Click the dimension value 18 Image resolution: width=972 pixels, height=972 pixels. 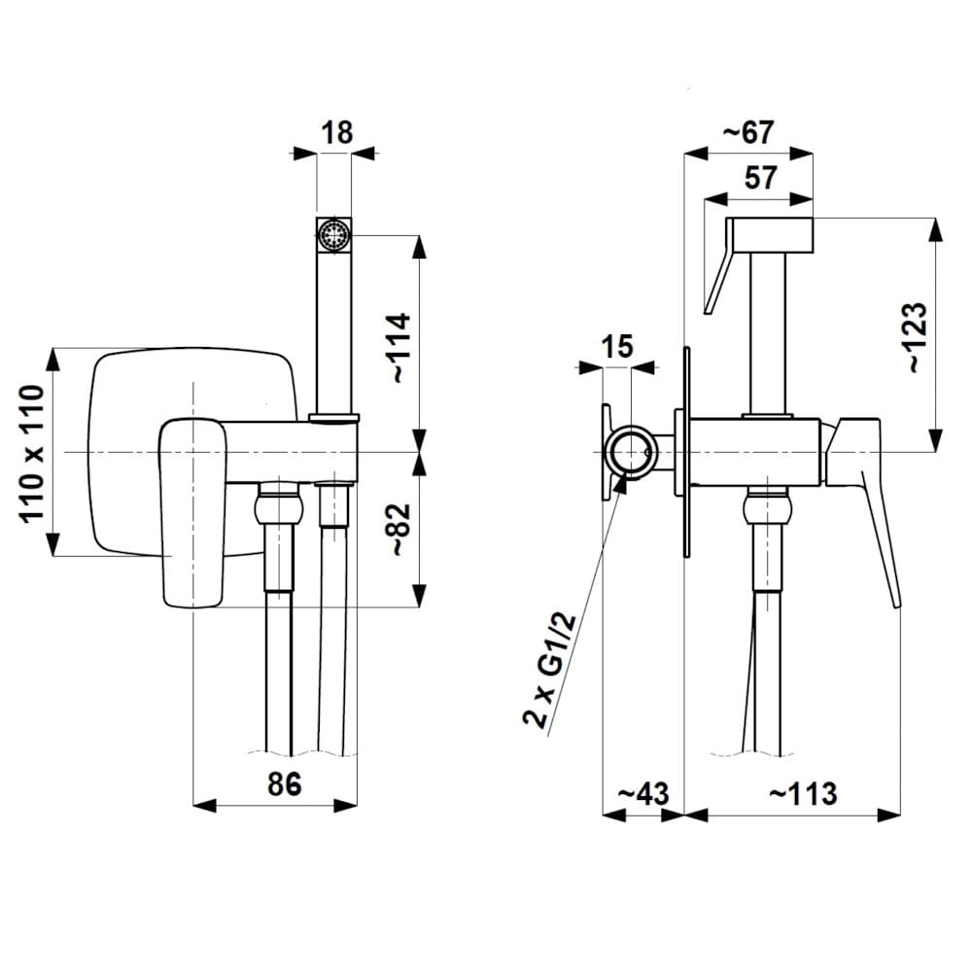(337, 132)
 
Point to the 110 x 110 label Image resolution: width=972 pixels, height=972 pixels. (33, 454)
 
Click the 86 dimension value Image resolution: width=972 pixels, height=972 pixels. (285, 783)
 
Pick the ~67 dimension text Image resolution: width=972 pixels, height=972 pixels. (748, 132)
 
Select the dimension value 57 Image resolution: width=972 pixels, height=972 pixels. (760, 177)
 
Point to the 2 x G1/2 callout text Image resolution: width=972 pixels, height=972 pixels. (550, 671)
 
